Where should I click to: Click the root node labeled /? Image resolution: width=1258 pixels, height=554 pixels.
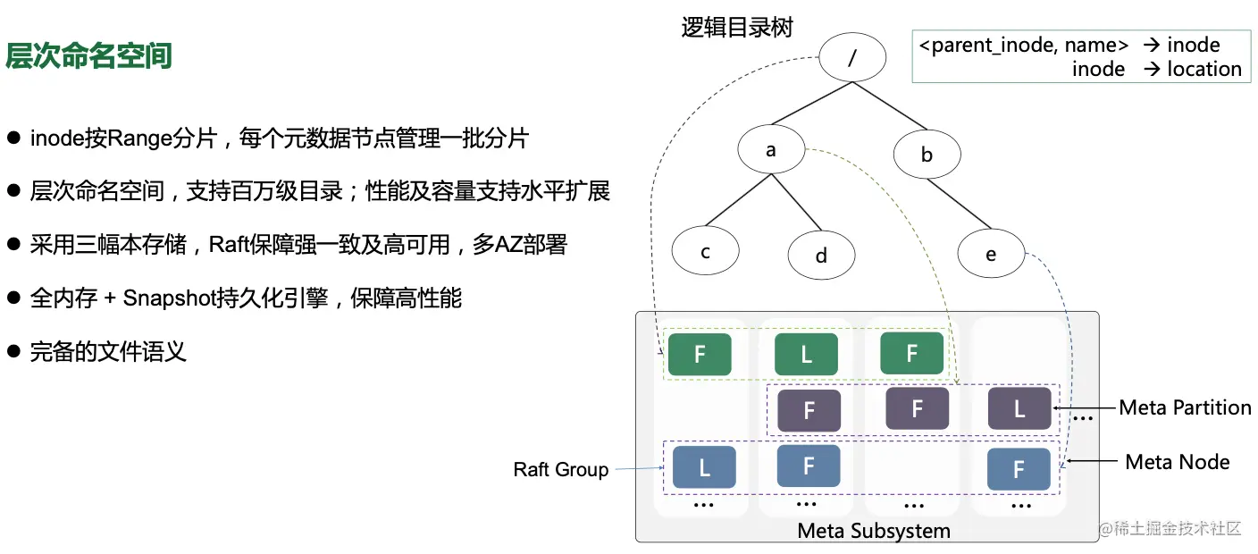pyautogui.click(x=851, y=58)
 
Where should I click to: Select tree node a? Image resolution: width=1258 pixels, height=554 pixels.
pyautogui.click(x=771, y=150)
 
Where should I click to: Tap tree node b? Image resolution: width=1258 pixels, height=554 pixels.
pyautogui.click(x=927, y=155)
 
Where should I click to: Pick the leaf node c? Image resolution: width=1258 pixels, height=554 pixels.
pyautogui.click(x=705, y=252)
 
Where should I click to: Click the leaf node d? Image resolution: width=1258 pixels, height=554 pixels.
pyautogui.click(x=821, y=256)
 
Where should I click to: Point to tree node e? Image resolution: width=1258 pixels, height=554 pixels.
pyautogui.click(x=990, y=255)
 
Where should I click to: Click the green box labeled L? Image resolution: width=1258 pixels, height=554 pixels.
pyautogui.click(x=806, y=354)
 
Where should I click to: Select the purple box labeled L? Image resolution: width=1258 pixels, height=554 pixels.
pyautogui.click(x=1019, y=409)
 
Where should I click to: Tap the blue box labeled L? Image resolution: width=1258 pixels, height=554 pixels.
pyautogui.click(x=703, y=467)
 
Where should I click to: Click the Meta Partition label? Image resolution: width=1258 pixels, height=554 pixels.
pyautogui.click(x=1185, y=407)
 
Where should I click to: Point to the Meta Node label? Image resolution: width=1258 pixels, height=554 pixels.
pyautogui.click(x=1177, y=462)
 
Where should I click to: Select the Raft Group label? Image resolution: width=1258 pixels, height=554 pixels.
pyautogui.click(x=560, y=470)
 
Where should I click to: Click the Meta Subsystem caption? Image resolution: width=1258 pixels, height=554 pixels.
pyautogui.click(x=873, y=531)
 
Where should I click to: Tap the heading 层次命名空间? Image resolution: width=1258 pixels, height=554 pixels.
pyautogui.click(x=88, y=56)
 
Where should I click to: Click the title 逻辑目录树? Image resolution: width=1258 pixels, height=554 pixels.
pyautogui.click(x=737, y=28)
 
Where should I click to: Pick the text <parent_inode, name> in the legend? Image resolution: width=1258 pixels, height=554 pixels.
pyautogui.click(x=1024, y=46)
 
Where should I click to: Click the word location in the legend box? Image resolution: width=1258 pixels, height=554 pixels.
pyautogui.click(x=1203, y=70)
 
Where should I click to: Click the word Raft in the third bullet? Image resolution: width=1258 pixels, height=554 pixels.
pyautogui.click(x=229, y=245)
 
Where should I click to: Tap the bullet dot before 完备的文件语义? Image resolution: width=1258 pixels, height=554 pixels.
pyautogui.click(x=13, y=351)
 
